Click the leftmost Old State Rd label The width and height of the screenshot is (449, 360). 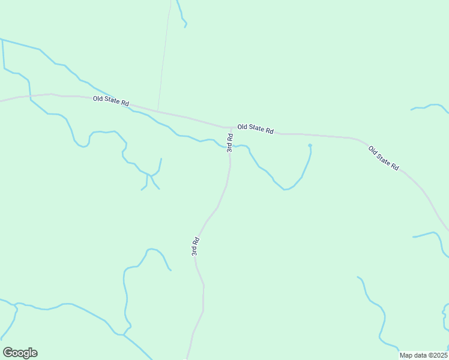click(111, 102)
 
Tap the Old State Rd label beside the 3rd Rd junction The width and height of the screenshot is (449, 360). click(255, 128)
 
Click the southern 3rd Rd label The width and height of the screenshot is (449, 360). click(196, 247)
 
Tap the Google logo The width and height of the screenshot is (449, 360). click(20, 353)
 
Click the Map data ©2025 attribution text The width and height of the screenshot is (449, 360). click(424, 355)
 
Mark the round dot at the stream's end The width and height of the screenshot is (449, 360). click(310, 145)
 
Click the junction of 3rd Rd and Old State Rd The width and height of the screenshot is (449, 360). click(231, 128)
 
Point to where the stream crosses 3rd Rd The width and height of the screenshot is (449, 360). click(231, 147)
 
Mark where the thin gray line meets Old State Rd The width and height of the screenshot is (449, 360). click(158, 110)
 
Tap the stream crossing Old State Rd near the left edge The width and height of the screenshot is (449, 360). click(30, 95)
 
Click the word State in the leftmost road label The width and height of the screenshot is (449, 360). click(112, 102)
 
